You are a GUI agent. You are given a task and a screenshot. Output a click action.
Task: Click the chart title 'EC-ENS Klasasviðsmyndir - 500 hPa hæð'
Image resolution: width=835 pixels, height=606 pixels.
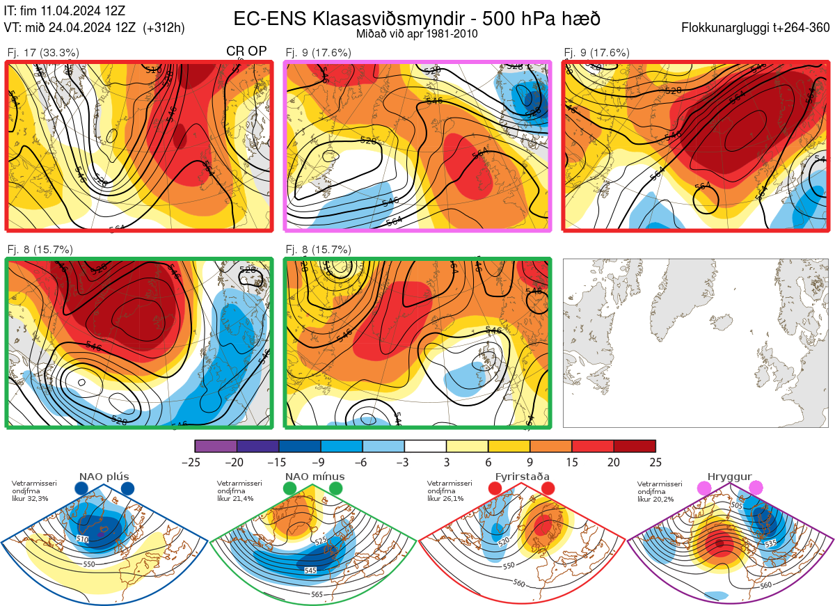tap(417, 18)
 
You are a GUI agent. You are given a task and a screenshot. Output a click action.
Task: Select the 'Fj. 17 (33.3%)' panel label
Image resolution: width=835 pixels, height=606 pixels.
tap(43, 52)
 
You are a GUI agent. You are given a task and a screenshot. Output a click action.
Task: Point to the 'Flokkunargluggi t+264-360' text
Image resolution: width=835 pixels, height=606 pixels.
tap(757, 28)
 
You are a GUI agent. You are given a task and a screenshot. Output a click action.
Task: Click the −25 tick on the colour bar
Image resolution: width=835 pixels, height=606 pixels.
tap(195, 462)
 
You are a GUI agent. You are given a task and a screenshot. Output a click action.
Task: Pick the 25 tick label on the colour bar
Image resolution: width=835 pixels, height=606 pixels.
tap(655, 462)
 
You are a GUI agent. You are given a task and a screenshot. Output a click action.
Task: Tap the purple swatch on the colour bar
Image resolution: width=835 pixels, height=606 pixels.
tap(216, 446)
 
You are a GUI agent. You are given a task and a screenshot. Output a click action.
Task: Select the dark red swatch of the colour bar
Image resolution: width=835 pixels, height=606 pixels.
tap(634, 446)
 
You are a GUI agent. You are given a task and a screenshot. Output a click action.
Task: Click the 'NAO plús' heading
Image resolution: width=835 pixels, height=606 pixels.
tap(104, 477)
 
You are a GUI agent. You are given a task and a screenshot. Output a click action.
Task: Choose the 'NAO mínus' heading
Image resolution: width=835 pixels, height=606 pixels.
tap(315, 477)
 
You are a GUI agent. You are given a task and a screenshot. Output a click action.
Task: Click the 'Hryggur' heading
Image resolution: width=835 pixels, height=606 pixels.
tap(730, 477)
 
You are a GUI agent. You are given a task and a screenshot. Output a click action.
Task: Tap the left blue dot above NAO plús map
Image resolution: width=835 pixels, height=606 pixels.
tap(81, 489)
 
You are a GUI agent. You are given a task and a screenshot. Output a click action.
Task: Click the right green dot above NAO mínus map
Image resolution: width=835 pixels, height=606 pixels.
tap(336, 489)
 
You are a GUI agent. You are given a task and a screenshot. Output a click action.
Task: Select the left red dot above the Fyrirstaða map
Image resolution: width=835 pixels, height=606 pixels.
tap(495, 489)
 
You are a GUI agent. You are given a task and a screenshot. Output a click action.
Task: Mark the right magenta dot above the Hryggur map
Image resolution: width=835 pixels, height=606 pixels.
tap(756, 489)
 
